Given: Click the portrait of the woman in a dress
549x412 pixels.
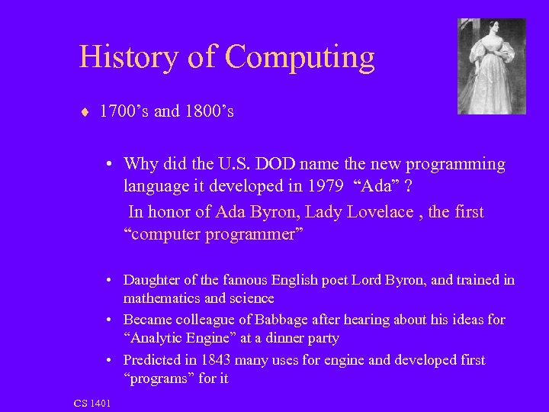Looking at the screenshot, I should [492, 66].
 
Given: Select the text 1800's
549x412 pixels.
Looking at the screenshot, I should [207, 112].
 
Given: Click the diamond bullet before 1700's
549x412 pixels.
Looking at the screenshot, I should [85, 113].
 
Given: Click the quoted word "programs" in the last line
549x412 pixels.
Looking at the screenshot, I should [159, 378].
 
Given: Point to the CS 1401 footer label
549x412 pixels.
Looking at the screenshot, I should [92, 402].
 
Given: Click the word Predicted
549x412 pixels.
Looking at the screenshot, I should [156, 359].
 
